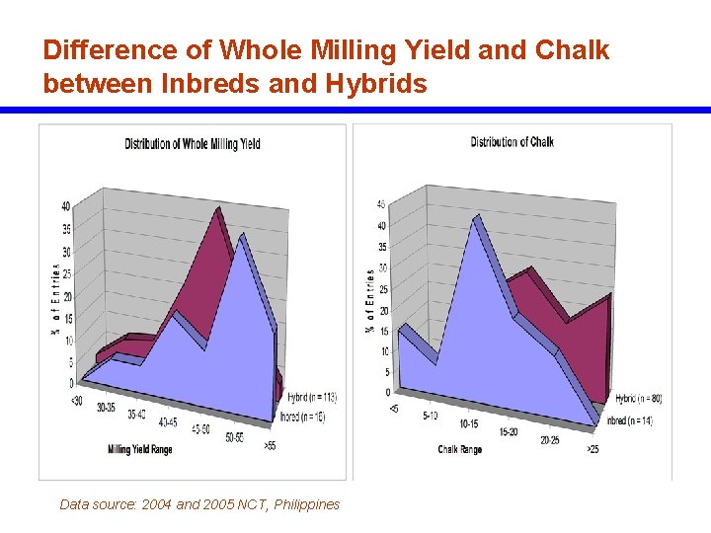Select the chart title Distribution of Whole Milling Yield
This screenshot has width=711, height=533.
click(193, 144)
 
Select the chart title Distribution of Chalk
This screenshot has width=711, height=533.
click(512, 142)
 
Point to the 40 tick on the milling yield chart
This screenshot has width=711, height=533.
click(65, 207)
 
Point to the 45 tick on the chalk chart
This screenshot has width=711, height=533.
click(381, 205)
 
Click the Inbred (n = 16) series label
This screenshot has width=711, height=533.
click(303, 418)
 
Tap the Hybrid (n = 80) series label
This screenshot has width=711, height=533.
click(638, 399)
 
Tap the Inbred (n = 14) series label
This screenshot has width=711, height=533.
click(631, 421)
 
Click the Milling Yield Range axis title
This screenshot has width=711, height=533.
click(140, 450)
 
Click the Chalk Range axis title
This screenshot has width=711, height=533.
click(460, 450)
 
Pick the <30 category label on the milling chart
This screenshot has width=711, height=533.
click(76, 400)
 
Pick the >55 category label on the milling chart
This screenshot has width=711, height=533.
click(270, 446)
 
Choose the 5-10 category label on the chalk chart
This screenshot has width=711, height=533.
click(431, 416)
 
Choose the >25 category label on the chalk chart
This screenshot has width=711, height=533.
click(592, 450)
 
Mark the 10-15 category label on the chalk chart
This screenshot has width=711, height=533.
click(469, 423)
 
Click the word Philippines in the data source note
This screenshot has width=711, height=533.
click(306, 504)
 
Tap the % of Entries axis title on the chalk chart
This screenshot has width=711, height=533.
click(370, 300)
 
